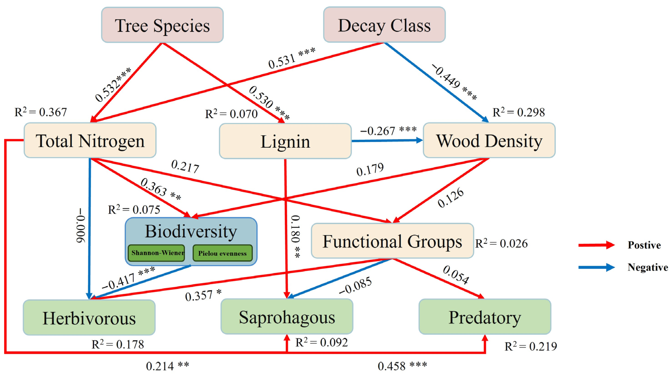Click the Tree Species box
pos(162,25)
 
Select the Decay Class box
pos(384,25)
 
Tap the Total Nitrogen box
pos(90,140)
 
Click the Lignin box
pos(285,141)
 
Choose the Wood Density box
pos(489,140)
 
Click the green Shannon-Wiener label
pos(156,253)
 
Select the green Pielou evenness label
pos(222,253)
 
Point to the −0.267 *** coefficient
pos(388,130)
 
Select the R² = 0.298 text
pos(518,112)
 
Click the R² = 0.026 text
pos(501,243)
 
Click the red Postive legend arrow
pos(596,245)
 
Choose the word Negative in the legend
pos(648,267)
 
